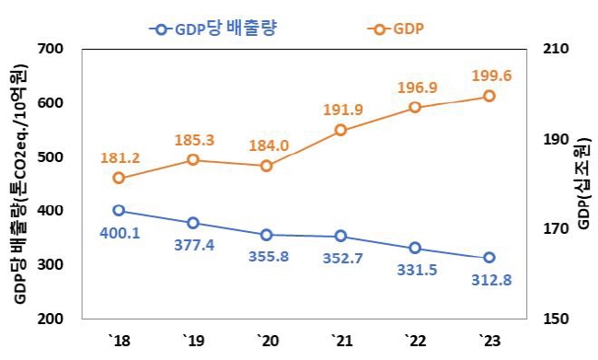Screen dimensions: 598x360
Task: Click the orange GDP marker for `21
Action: (341, 130)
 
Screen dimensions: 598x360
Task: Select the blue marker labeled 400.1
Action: (119, 210)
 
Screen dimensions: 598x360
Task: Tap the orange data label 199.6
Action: (491, 75)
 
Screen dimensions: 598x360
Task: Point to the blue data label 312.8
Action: (491, 281)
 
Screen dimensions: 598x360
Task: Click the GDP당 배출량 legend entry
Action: (213, 29)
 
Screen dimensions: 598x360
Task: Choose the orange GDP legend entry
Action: (396, 29)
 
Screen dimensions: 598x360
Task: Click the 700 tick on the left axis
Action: (51, 49)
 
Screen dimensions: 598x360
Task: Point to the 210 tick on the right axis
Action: (555, 49)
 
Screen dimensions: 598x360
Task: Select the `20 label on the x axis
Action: (268, 340)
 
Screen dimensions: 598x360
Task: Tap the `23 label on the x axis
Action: (489, 340)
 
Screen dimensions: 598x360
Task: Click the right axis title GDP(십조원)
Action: (584, 183)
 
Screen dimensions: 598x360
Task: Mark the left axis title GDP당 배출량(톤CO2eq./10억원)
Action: (20, 184)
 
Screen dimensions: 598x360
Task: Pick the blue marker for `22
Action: (415, 249)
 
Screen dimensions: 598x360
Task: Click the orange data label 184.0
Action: (269, 145)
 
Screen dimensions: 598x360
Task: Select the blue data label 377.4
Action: (194, 245)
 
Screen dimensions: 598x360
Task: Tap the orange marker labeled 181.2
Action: (119, 178)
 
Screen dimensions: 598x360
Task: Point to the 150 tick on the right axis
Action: (555, 319)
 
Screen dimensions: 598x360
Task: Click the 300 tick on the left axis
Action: (51, 264)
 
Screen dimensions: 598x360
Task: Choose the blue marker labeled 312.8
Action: (489, 258)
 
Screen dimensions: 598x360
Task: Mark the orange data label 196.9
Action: (418, 87)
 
